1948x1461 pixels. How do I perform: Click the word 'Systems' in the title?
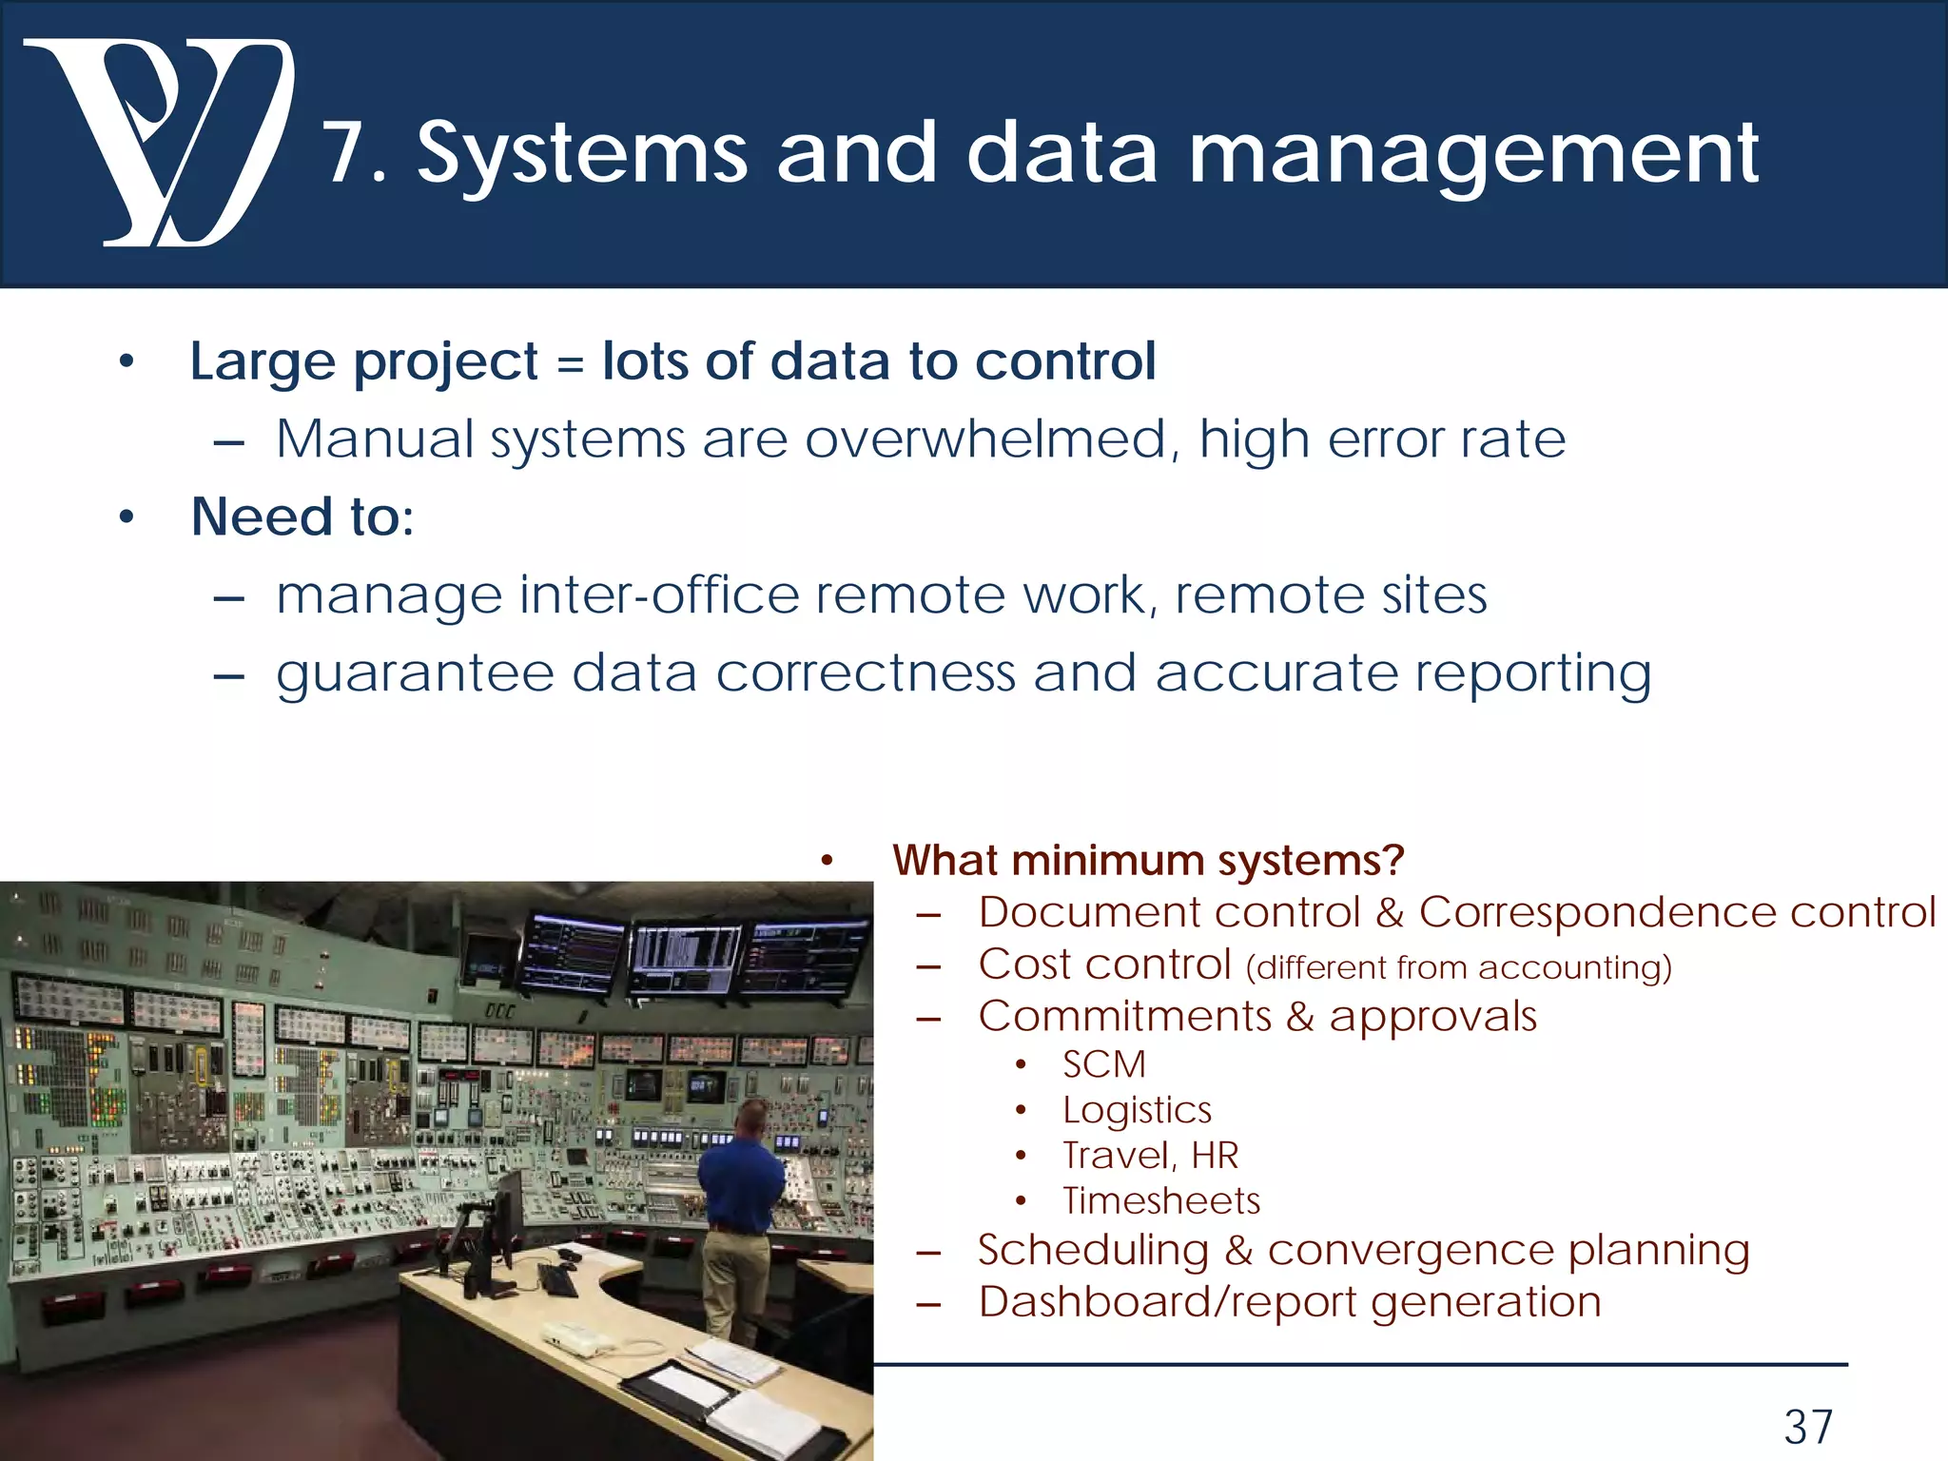coord(582,154)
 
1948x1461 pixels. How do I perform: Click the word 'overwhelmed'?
coord(984,440)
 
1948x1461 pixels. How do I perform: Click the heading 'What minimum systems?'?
coord(1148,861)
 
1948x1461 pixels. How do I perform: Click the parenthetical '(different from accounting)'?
coord(1458,968)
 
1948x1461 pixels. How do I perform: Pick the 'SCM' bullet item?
coord(1104,1064)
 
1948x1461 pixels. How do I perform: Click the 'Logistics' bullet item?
coord(1137,1110)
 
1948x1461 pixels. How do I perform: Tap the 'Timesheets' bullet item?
coord(1161,1201)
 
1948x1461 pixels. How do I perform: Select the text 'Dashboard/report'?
coord(1167,1302)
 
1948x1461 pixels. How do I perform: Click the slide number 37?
coord(1808,1427)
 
